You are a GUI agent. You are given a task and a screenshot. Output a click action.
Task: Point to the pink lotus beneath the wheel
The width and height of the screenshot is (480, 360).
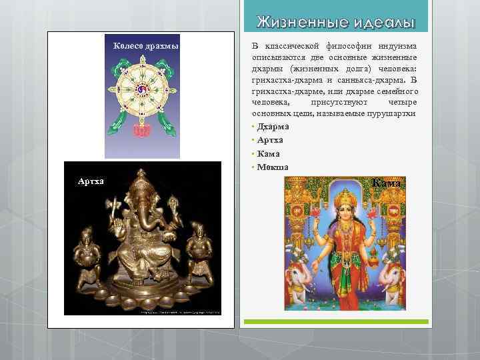click(141, 130)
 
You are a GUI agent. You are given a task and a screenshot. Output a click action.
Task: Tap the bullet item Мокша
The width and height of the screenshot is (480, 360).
click(271, 167)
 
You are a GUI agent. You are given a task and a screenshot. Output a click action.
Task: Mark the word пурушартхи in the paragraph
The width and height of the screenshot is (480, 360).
click(393, 114)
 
